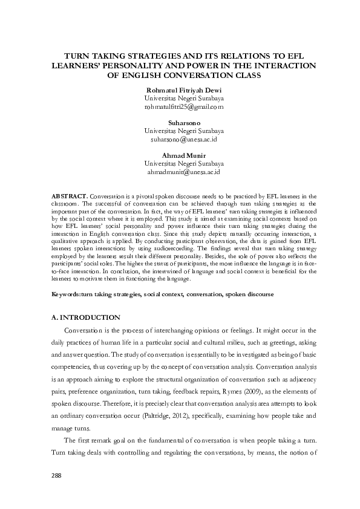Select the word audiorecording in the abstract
point(173,256)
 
